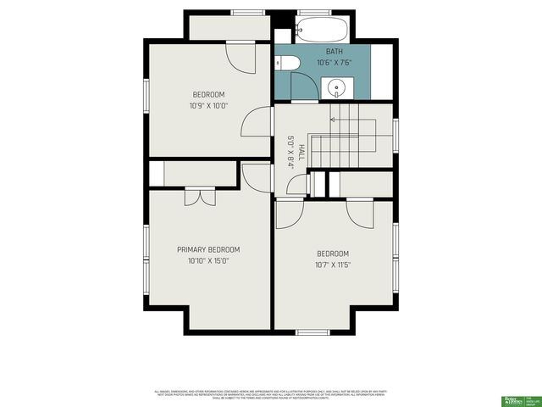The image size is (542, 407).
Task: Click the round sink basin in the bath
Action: (x=337, y=86)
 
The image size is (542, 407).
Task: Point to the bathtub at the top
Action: (x=323, y=31)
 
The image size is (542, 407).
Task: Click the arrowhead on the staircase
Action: (x=333, y=120)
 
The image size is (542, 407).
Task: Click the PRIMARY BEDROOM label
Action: (x=208, y=249)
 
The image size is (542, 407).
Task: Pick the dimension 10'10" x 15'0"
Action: (x=208, y=261)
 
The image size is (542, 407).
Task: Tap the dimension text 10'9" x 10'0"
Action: (x=208, y=105)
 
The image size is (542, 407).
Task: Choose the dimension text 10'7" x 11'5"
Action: (x=333, y=265)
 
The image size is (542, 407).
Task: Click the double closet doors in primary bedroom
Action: (x=201, y=197)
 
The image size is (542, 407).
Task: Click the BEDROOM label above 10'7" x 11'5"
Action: (x=333, y=254)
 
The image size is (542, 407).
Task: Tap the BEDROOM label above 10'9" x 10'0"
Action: (x=208, y=94)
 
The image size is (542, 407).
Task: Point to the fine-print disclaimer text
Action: (x=271, y=393)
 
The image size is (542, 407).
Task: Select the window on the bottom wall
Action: (x=312, y=331)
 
